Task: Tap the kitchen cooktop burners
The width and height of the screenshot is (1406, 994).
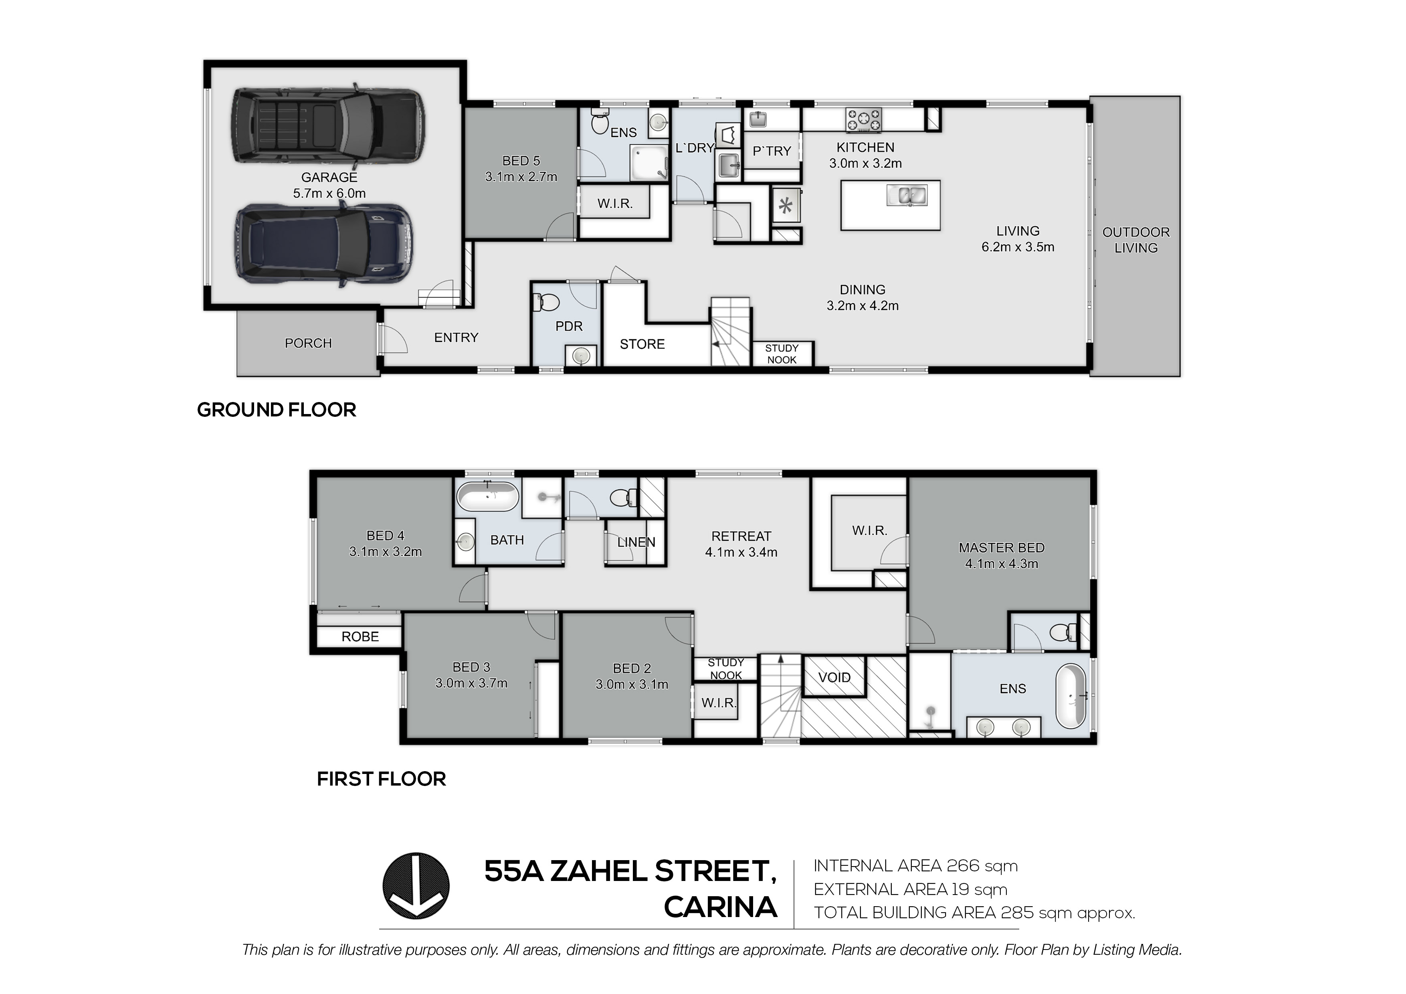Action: pyautogui.click(x=863, y=120)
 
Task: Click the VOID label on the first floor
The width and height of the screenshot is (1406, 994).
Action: pyautogui.click(x=834, y=677)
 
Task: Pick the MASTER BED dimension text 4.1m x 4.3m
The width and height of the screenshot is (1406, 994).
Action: pyautogui.click(x=1002, y=564)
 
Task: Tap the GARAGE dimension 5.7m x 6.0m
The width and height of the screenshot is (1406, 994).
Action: pyautogui.click(x=329, y=194)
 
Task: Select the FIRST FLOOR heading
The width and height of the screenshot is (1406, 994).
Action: pyautogui.click(x=382, y=779)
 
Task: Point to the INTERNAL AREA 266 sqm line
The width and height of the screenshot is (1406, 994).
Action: pyautogui.click(x=915, y=866)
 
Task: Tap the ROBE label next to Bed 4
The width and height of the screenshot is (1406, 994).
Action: pyautogui.click(x=360, y=637)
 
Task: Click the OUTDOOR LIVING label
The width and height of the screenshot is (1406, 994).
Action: pyautogui.click(x=1136, y=240)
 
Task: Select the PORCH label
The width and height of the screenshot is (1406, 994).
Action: pyautogui.click(x=308, y=343)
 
